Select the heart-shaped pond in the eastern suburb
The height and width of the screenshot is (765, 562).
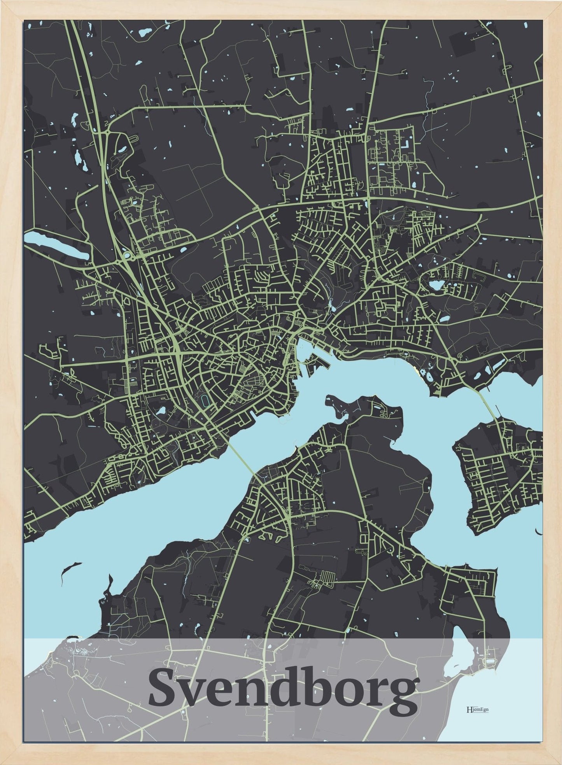click(x=435, y=286)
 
